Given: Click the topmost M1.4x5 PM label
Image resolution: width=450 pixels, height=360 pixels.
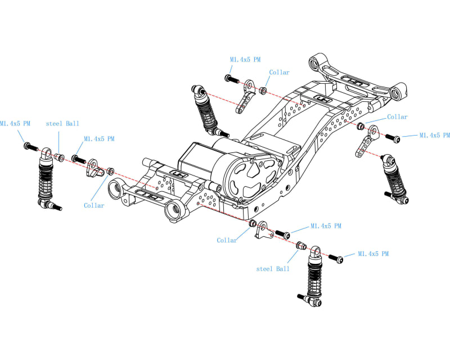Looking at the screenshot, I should (x=245, y=59).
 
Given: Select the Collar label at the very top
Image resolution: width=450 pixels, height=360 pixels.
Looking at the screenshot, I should (x=279, y=73).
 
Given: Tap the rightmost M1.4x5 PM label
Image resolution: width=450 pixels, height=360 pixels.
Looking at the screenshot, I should (x=434, y=136).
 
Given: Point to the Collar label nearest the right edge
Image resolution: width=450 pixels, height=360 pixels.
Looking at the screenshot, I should (x=397, y=117).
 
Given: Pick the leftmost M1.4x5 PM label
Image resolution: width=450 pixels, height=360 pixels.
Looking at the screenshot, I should (x=15, y=123).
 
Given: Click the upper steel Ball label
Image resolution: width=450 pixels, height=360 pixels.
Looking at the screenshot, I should (x=62, y=123).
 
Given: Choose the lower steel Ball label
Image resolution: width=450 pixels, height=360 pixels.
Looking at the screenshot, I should (x=273, y=269).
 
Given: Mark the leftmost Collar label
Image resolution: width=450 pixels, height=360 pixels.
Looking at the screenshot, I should (x=94, y=205).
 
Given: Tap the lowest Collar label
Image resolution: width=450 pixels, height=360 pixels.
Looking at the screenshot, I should (x=227, y=240).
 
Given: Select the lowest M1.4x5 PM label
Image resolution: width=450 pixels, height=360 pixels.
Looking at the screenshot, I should (x=373, y=254).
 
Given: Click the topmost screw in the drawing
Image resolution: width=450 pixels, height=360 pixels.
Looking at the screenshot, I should (x=229, y=78).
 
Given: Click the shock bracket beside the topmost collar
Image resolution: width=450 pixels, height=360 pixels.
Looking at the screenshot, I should (x=246, y=95).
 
